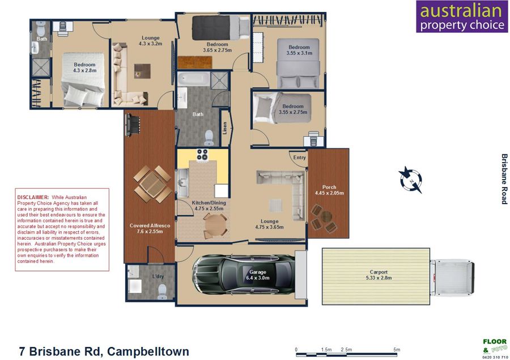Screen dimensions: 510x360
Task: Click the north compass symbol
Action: [411, 180]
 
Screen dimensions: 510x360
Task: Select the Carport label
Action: [379, 272]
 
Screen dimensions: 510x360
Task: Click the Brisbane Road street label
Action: [504, 179]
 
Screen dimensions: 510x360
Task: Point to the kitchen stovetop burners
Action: [202, 155]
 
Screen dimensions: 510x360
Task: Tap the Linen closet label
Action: [224, 128]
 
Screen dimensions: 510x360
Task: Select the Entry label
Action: [299, 157]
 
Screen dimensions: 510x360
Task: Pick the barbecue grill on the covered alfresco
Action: [133, 124]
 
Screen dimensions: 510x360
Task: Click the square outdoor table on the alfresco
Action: [152, 184]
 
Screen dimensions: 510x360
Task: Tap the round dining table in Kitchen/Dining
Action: [215, 225]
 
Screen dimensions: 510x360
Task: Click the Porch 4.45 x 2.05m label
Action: [329, 190]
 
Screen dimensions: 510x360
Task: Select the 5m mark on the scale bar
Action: [397, 350]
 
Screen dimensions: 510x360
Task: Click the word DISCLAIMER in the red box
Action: [33, 197]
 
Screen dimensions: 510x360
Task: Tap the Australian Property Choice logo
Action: [462, 16]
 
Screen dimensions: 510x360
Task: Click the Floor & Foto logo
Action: [495, 348]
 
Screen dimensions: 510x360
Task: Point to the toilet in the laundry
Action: [162, 291]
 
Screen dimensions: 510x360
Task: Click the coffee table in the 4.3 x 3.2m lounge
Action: [142, 71]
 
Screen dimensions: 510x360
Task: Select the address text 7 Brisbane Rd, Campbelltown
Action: [104, 351]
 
